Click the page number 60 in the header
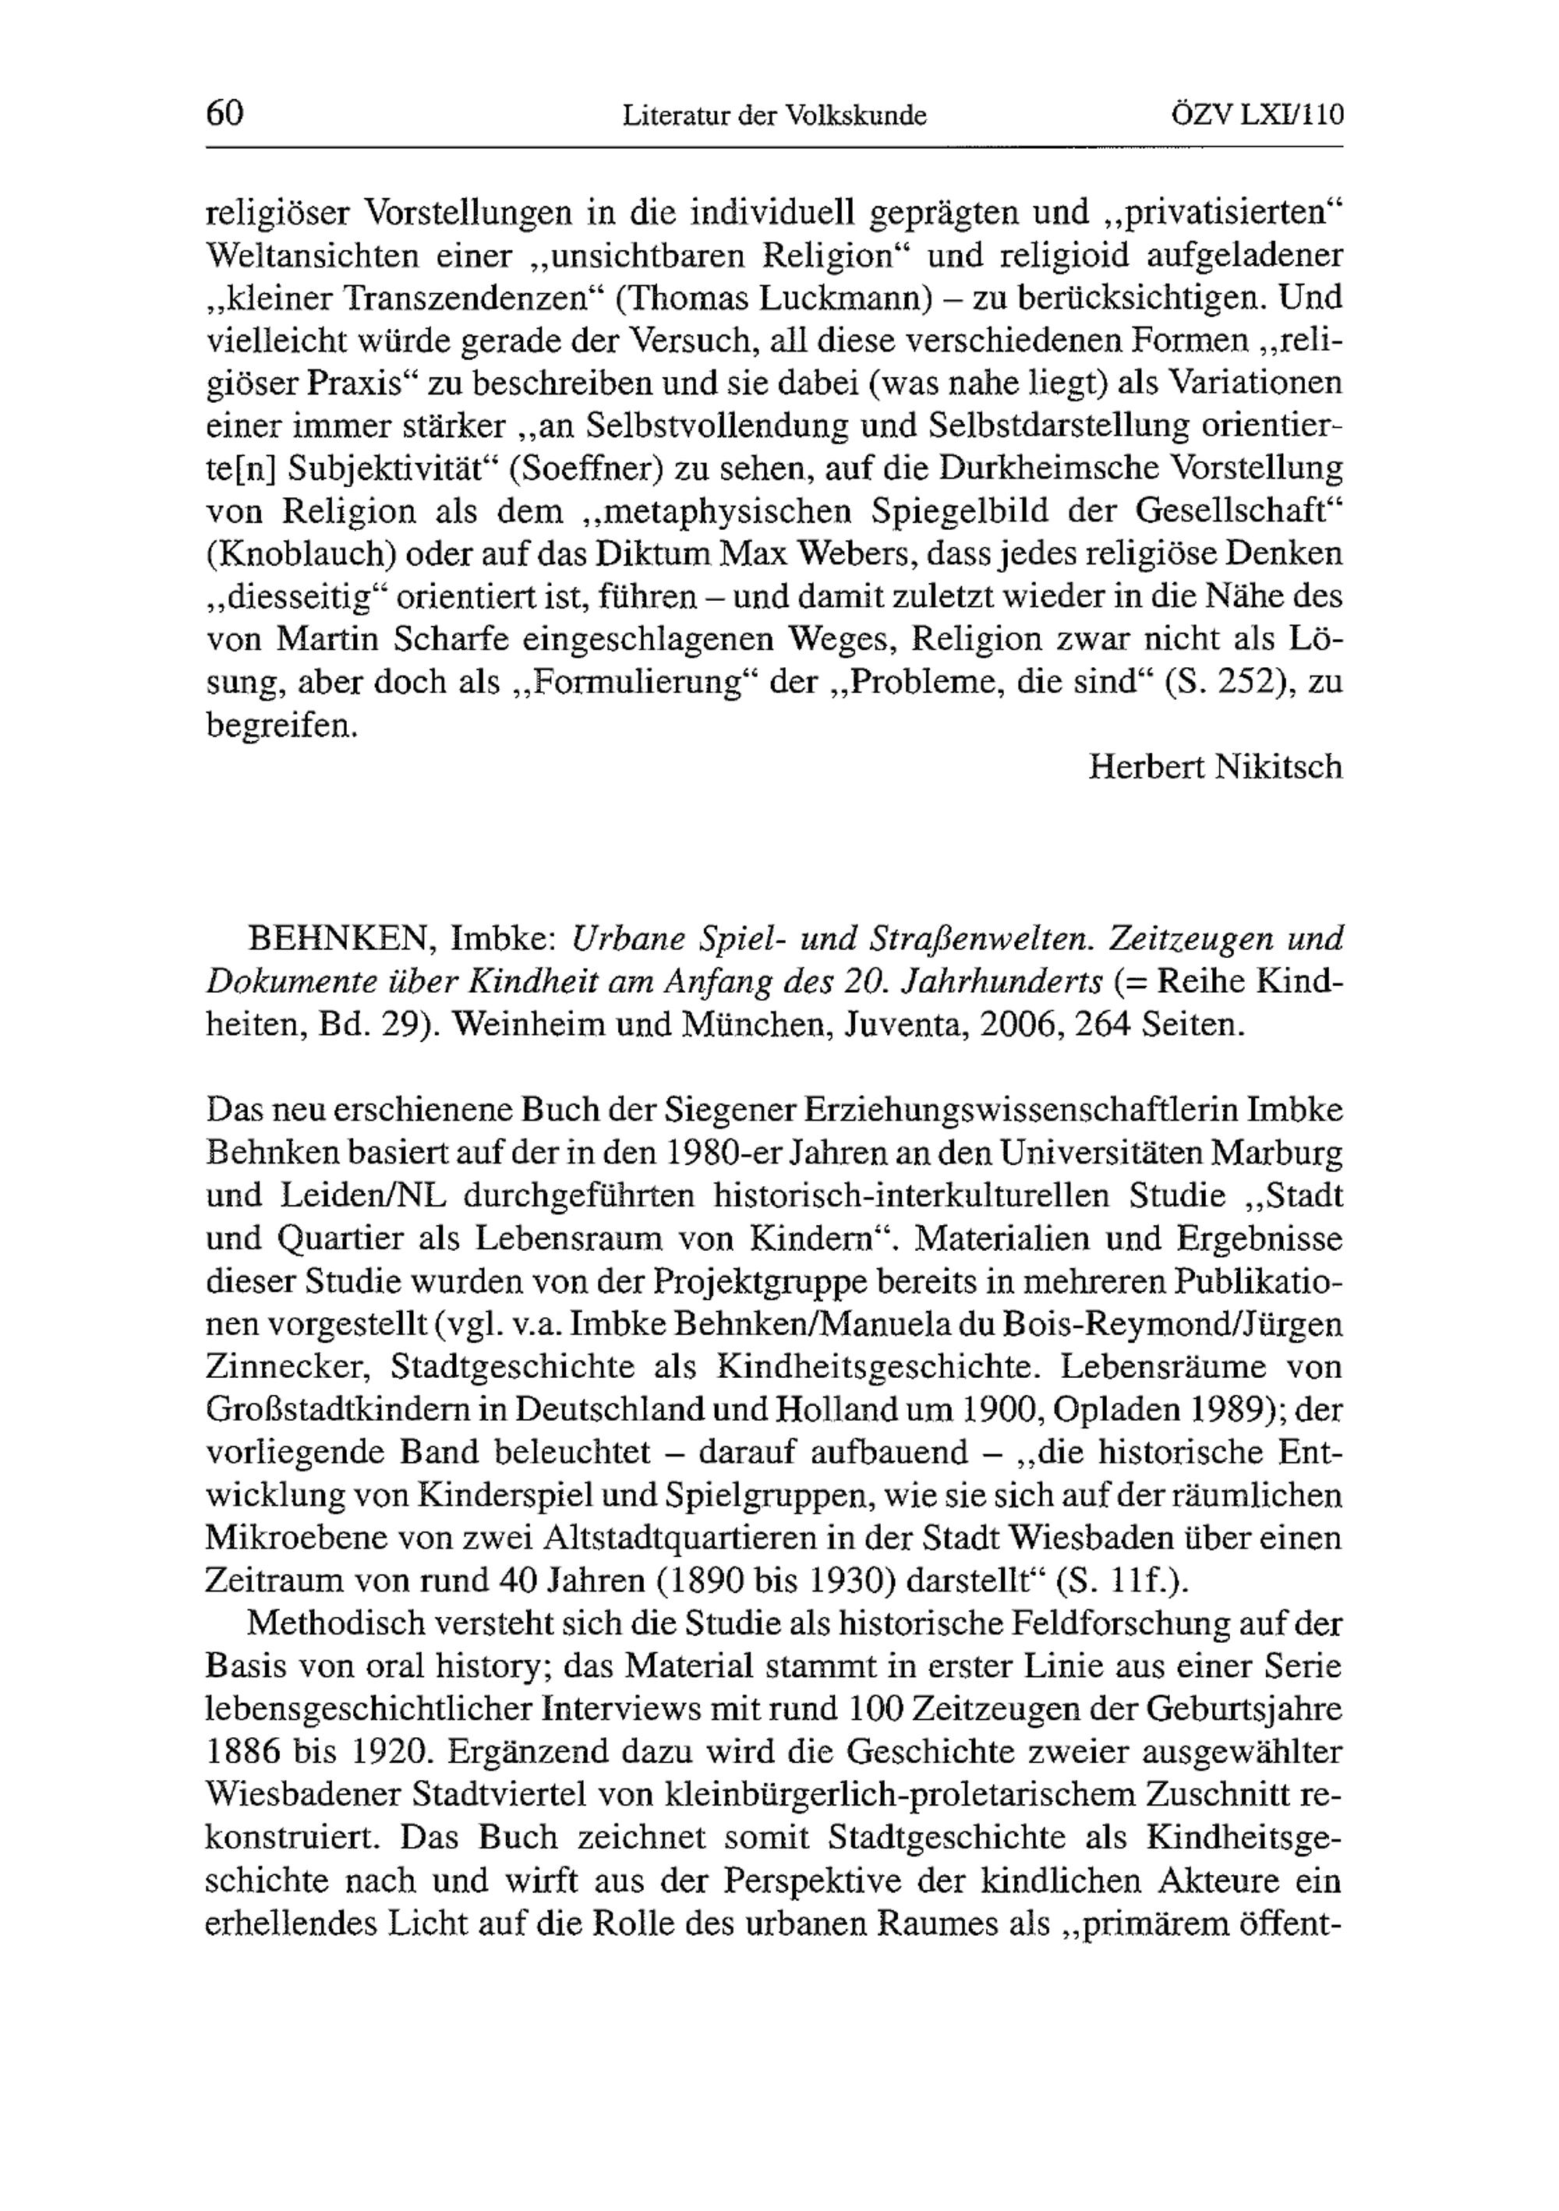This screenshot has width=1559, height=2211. (225, 114)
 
